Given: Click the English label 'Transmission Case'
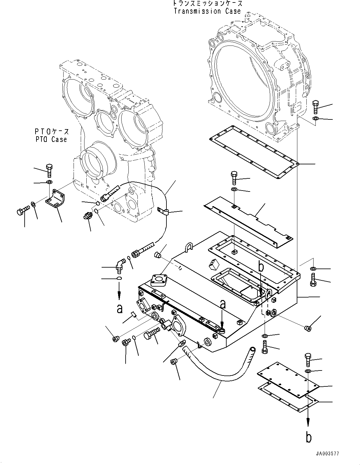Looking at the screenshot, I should tap(207, 11).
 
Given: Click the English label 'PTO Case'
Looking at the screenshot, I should tap(51, 139).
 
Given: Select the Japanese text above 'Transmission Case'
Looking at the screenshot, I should tap(207, 4).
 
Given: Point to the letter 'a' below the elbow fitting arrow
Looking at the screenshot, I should tap(119, 308).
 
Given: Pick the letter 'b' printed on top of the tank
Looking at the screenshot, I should tap(261, 266).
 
